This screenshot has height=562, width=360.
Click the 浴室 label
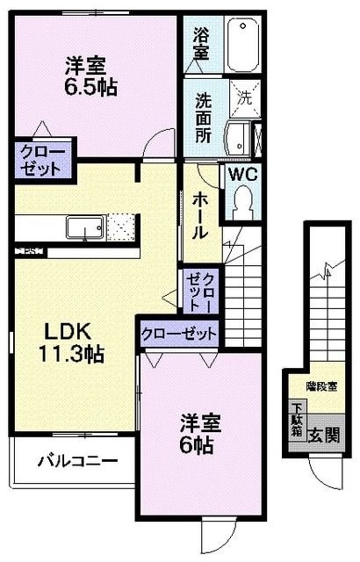click(199, 44)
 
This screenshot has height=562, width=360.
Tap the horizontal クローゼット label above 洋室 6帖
click(179, 333)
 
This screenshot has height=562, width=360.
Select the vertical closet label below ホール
click(199, 290)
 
